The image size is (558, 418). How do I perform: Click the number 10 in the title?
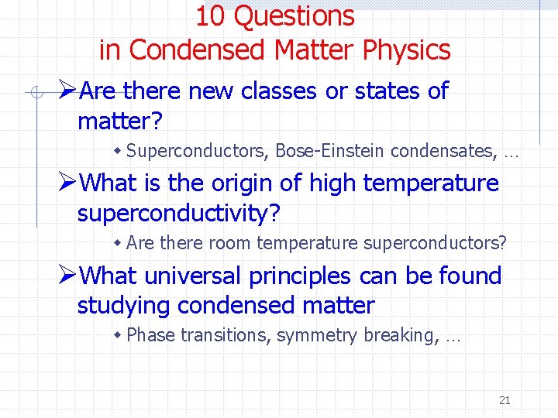[209, 15]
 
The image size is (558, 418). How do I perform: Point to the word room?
[229, 243]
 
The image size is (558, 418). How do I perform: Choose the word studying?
[124, 306]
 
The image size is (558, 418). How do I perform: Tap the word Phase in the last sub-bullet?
[150, 335]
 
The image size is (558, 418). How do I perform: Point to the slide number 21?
[505, 400]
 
